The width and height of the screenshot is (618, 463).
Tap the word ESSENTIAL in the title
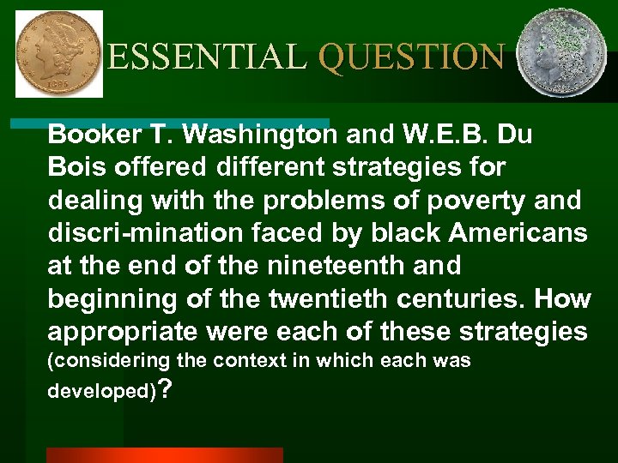click(207, 57)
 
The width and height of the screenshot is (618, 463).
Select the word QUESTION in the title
click(410, 57)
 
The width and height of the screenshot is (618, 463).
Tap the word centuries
click(469, 299)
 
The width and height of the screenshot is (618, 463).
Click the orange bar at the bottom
click(164, 455)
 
